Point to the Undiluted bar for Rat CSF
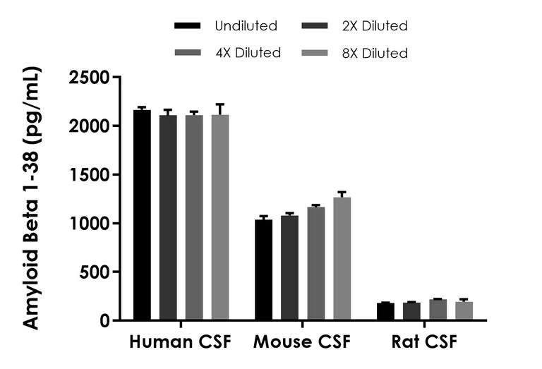click(385, 312)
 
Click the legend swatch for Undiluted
click(188, 27)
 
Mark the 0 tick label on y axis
click(104, 321)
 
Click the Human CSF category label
click(180, 343)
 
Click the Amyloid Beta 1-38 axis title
click(32, 198)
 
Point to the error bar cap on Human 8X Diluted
click(220, 104)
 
